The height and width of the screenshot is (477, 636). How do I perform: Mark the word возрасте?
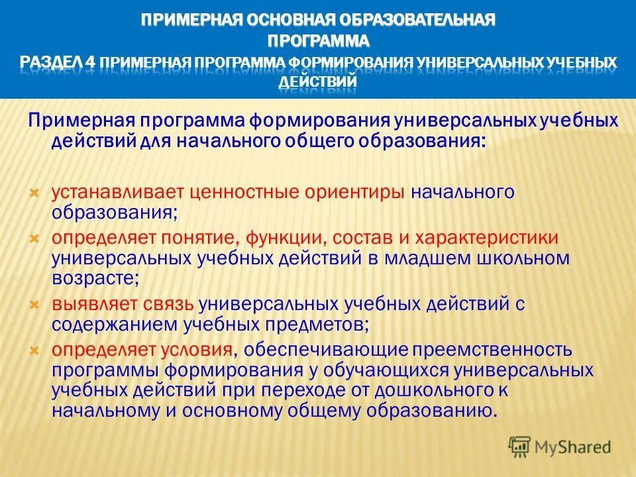tap(94, 279)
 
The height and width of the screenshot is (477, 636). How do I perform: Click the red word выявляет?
tap(95, 304)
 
